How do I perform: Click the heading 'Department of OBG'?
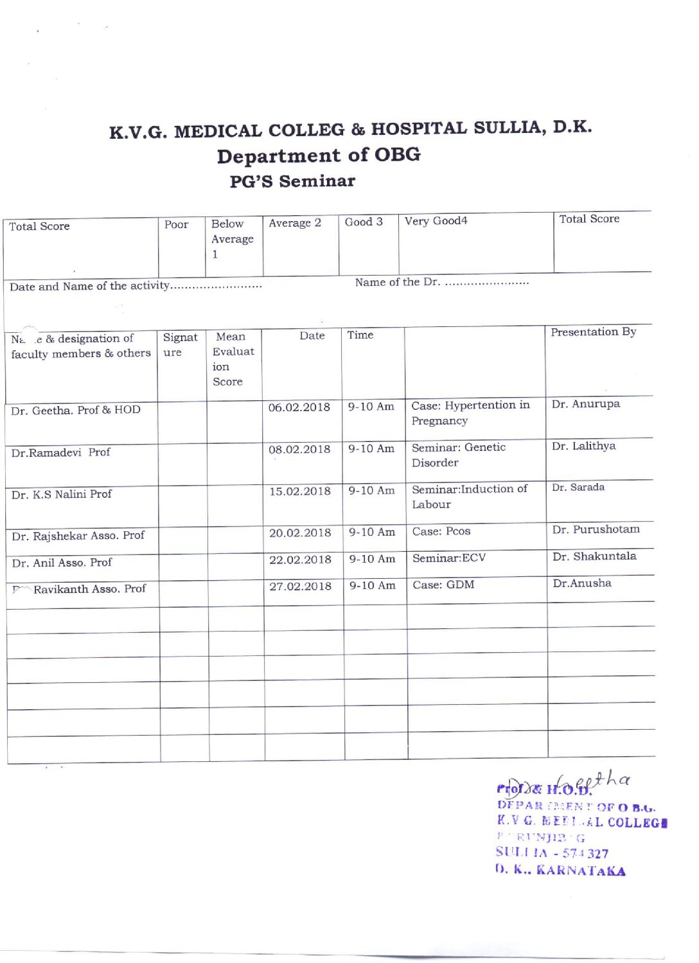click(319, 155)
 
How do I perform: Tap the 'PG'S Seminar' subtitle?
click(292, 181)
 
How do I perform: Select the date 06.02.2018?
click(299, 407)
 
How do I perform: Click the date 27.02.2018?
click(300, 586)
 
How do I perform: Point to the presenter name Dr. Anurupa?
click(585, 404)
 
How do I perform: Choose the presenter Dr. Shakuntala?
click(594, 556)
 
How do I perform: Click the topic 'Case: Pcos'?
click(441, 531)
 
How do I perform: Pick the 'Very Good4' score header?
click(436, 221)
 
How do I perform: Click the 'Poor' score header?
click(176, 224)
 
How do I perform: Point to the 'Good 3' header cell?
click(364, 222)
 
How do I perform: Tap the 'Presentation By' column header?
click(593, 332)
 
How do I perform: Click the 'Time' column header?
click(360, 335)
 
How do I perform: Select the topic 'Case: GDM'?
click(443, 585)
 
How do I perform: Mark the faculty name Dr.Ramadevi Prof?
click(60, 452)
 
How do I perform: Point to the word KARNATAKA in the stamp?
click(581, 870)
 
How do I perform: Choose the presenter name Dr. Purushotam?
click(596, 529)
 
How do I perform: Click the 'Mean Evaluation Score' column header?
click(233, 358)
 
